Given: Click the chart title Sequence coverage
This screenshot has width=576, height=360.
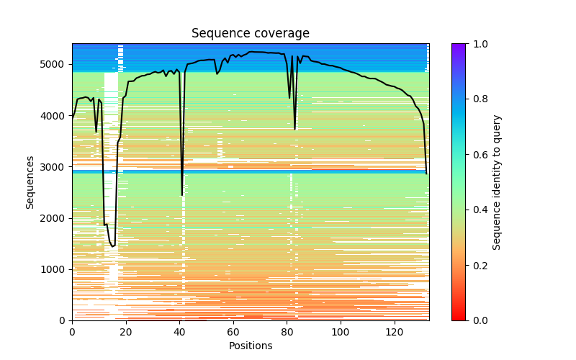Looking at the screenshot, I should pos(250,34).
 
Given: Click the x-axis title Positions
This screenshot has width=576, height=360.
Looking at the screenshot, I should pos(250,346).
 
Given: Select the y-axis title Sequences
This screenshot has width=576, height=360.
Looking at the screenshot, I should pos(30,181).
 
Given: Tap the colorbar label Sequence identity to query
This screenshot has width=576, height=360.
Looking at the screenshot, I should pos(497,181).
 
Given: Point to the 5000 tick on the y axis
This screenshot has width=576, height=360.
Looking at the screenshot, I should pos(55,64).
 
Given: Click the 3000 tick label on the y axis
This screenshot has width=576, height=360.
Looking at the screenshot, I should pos(55,166).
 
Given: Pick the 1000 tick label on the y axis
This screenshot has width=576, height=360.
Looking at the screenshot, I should pos(55,269).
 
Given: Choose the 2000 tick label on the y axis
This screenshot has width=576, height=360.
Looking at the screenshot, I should pos(55,218).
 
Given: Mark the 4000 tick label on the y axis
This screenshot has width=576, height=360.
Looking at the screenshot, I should pos(55,115).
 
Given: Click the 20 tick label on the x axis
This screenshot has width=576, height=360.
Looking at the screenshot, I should pos(126,332).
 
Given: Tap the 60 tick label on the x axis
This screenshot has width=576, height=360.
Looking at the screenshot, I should pos(233,332).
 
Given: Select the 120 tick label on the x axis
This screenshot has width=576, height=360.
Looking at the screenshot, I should pos(395,332).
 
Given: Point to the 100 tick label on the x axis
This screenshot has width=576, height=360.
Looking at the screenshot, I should pos(341,332).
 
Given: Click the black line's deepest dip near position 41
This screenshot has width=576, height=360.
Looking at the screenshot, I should pos(182,195).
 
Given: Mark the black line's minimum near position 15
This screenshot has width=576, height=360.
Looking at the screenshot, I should pos(112,246).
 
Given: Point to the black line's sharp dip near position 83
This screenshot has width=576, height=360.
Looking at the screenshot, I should pos(294,129).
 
